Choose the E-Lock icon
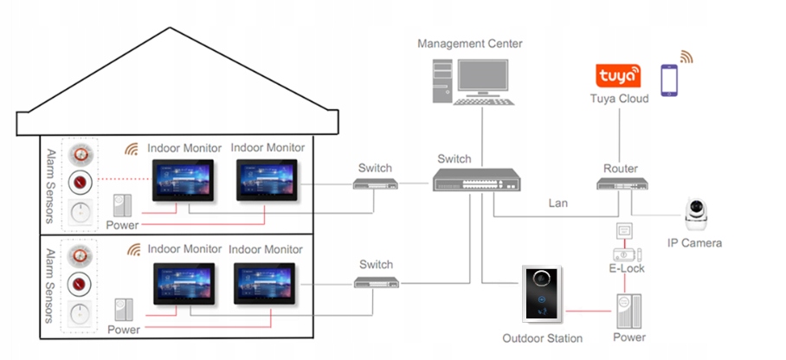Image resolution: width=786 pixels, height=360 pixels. [625, 254]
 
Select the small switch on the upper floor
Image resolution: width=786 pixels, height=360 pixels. [375, 183]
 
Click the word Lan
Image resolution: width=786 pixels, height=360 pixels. [558, 204]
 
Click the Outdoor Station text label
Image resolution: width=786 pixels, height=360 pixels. [543, 338]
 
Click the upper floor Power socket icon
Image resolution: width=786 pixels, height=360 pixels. [122, 204]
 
